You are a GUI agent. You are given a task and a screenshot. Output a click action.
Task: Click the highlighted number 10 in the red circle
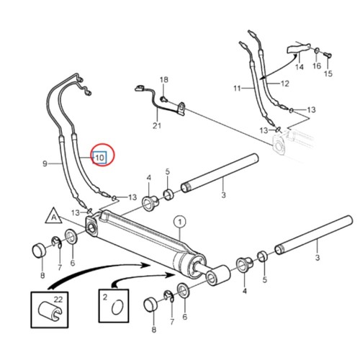click(101, 155)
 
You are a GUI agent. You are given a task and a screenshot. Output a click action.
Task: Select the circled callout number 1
click(179, 222)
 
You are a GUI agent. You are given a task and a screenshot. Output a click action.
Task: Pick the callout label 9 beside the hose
click(45, 163)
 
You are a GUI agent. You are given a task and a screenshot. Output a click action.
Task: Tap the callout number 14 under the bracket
click(299, 67)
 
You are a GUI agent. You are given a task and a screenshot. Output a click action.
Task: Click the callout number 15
click(328, 73)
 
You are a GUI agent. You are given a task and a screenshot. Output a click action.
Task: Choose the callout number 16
click(315, 67)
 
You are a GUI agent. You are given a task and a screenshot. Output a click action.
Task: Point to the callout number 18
click(163, 79)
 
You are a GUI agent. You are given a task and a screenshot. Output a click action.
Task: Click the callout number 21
click(156, 127)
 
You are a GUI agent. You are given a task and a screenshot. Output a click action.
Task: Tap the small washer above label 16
click(316, 49)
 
